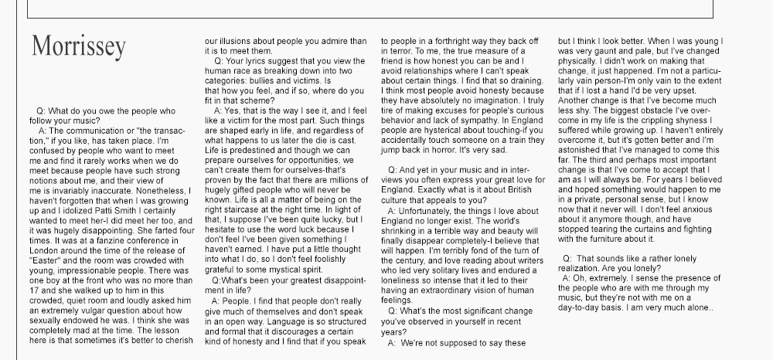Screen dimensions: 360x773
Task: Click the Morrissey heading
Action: coord(78,46)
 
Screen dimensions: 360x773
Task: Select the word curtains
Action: coord(670,230)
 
